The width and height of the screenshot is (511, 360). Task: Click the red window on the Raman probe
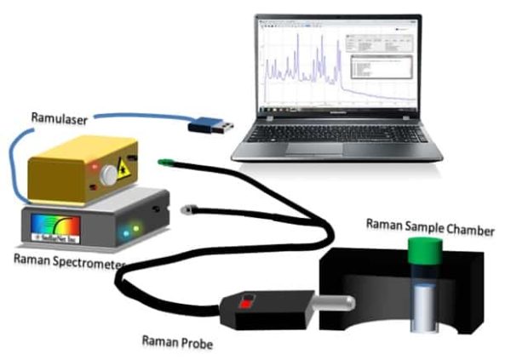(x=248, y=300)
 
